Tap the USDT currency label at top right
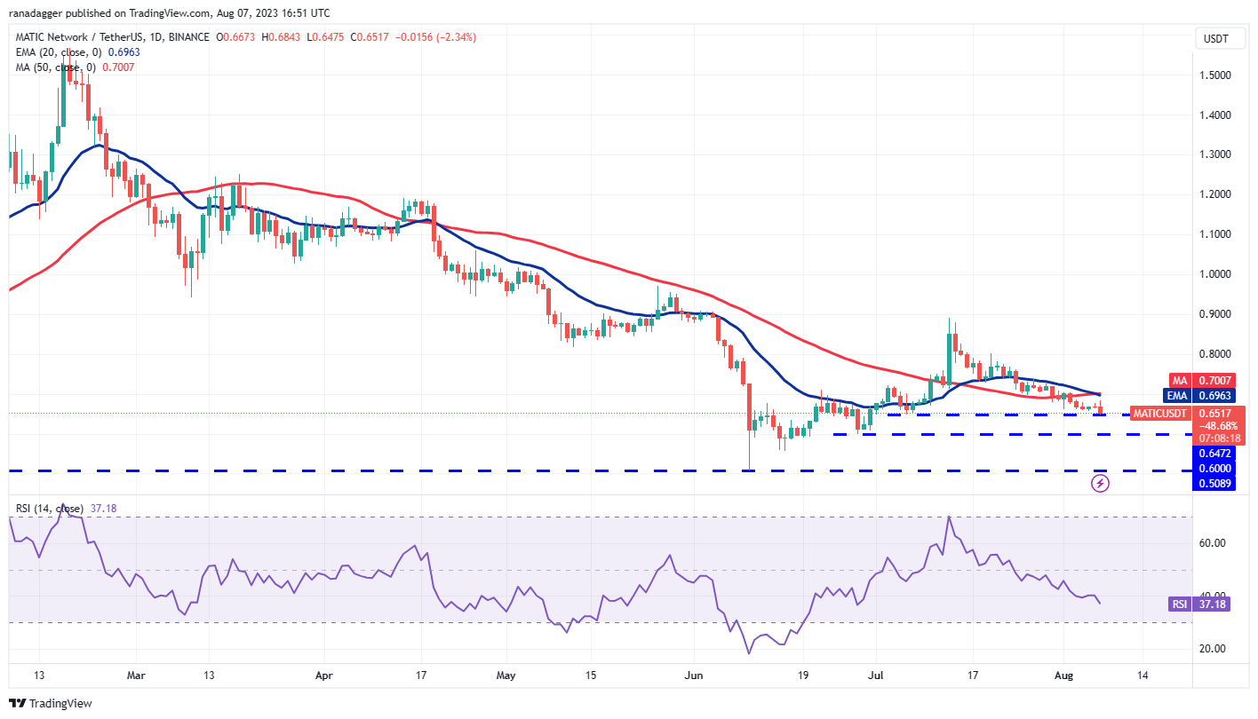click(x=1214, y=38)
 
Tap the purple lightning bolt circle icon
click(x=1100, y=484)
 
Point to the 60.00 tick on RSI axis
click(x=1214, y=542)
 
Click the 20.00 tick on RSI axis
click(x=1214, y=649)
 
